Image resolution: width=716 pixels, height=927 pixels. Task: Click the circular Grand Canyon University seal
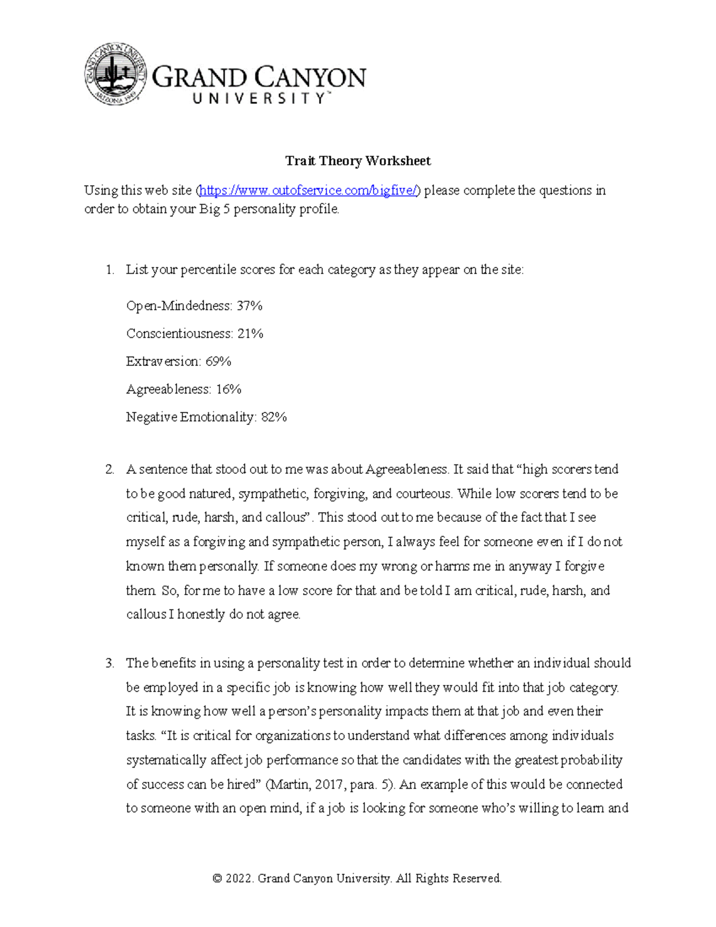pyautogui.click(x=115, y=74)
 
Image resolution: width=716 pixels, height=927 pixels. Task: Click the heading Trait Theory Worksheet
pyautogui.click(x=357, y=161)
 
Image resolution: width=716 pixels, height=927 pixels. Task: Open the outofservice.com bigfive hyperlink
pyautogui.click(x=310, y=190)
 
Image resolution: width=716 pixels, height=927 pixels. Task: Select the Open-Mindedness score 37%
pyautogui.click(x=249, y=306)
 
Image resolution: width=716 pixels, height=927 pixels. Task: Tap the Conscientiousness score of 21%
pyautogui.click(x=250, y=334)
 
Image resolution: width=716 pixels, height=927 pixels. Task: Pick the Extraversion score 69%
pyautogui.click(x=218, y=361)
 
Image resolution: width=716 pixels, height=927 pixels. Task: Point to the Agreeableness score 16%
pyautogui.click(x=229, y=389)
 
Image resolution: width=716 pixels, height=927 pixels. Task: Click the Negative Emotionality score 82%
pyautogui.click(x=274, y=417)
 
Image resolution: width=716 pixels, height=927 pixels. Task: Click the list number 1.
pyautogui.click(x=109, y=270)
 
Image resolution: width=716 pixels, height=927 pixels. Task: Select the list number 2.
pyautogui.click(x=109, y=470)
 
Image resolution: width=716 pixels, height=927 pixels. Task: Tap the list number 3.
pyautogui.click(x=109, y=663)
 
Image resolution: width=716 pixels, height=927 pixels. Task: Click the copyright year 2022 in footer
pyautogui.click(x=240, y=878)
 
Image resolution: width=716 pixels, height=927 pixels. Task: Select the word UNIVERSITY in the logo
pyautogui.click(x=258, y=99)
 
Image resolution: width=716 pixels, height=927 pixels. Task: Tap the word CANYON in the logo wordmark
pyautogui.click(x=311, y=78)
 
